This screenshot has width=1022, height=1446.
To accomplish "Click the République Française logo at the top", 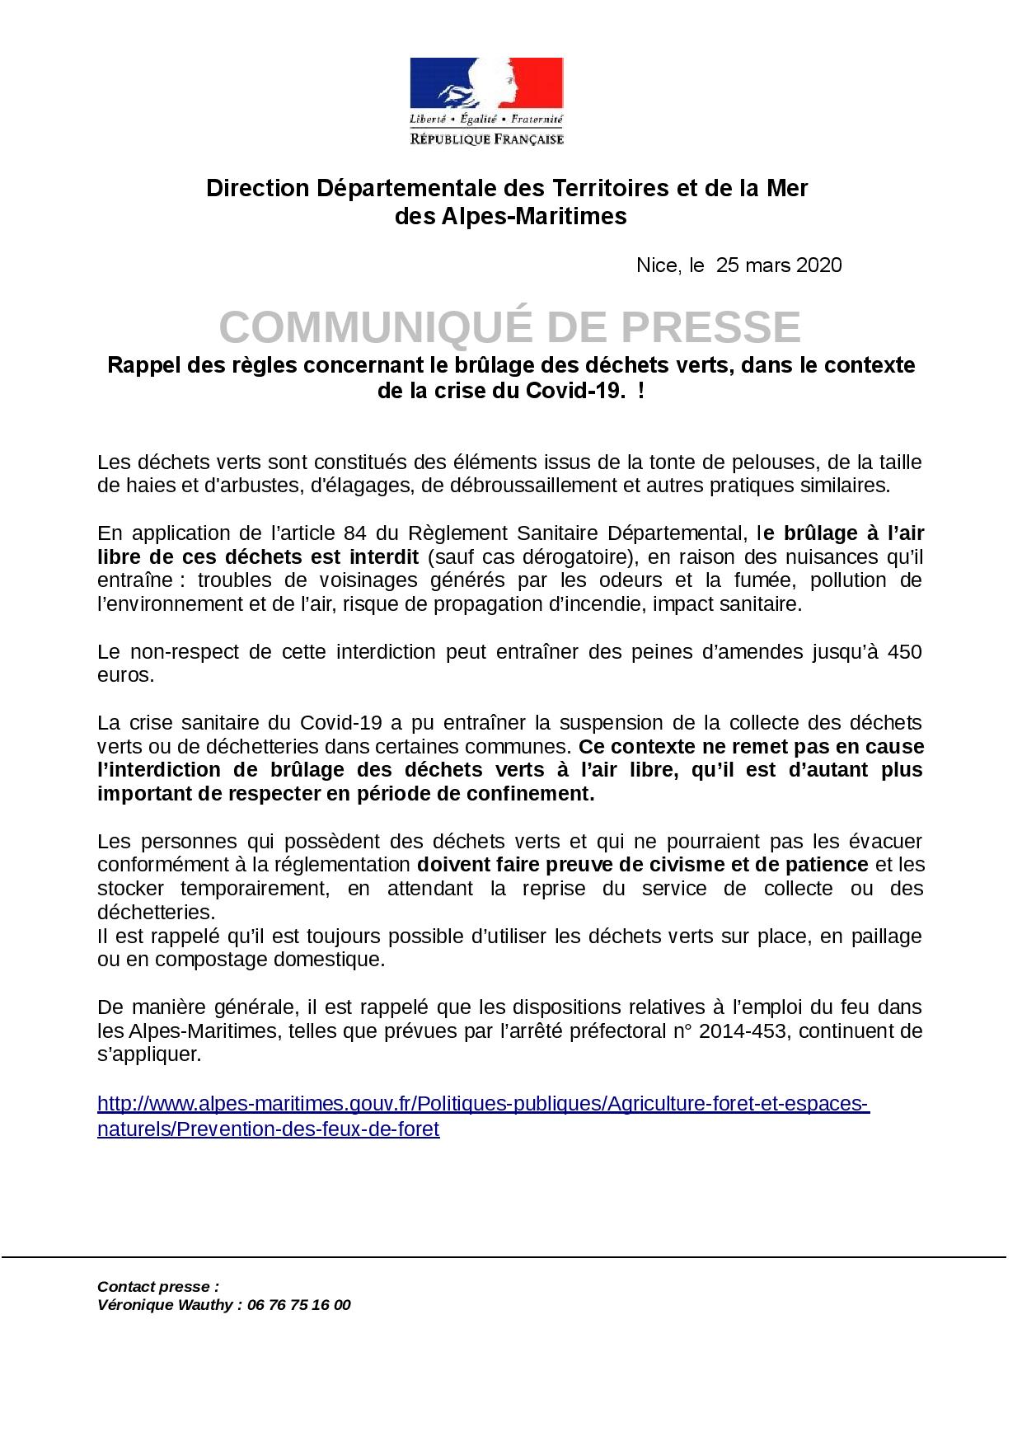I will coord(486,101).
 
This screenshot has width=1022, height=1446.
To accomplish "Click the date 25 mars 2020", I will coord(779,265).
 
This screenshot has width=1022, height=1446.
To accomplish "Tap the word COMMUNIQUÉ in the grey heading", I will coord(378,328).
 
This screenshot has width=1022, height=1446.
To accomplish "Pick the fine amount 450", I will coord(904,652).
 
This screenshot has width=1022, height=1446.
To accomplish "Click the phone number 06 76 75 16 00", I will coord(298,1305).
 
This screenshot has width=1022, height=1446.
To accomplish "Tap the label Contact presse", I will coord(157,1287).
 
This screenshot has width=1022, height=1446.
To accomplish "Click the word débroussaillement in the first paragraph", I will coord(528,485).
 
